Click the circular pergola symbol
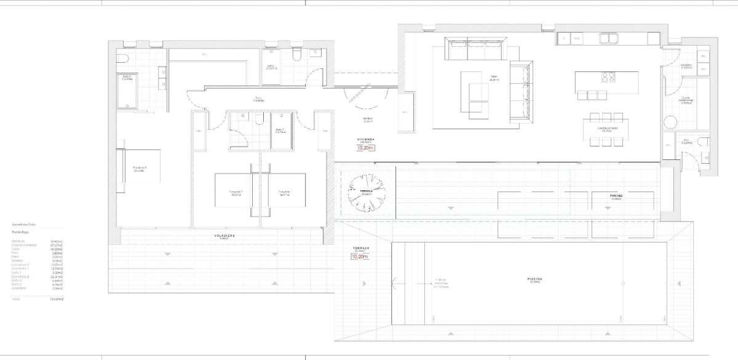[x=367, y=192]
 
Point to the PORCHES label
[x=617, y=196]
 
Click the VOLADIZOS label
[x=224, y=236]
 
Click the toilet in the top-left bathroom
[x=122, y=58]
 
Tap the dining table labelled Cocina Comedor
[x=608, y=130]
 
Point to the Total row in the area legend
[x=37, y=299]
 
